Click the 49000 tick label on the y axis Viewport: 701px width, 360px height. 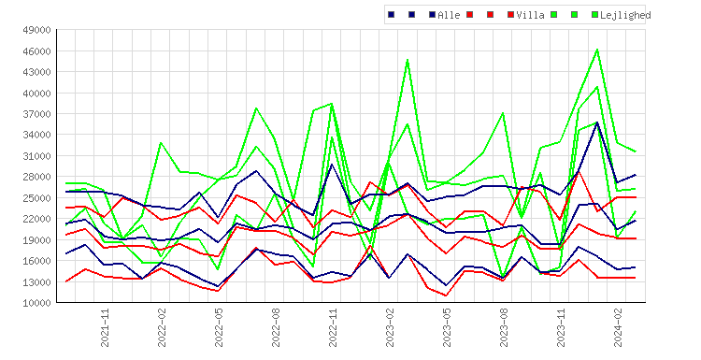(36, 30)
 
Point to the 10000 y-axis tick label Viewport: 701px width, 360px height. (36, 303)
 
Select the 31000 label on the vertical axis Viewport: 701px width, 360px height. (36, 155)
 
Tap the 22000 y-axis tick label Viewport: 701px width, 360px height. (36, 219)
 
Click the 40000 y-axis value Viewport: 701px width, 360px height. (36, 93)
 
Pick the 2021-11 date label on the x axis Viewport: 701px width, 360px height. (105, 327)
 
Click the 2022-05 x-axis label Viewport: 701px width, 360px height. (219, 327)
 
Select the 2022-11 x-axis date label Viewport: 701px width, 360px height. (333, 327)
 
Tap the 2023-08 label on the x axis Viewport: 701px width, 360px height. (504, 327)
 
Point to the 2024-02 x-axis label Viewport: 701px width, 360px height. (618, 327)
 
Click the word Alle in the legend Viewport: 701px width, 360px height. (449, 15)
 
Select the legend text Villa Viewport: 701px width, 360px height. (530, 15)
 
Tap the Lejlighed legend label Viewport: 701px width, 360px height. (625, 15)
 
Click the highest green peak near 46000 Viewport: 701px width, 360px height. (597, 50)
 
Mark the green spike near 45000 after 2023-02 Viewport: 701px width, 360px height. (408, 60)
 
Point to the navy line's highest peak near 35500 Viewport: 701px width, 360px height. (597, 122)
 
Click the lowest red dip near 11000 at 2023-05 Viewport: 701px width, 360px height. (446, 295)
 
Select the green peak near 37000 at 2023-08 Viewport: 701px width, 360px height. (503, 113)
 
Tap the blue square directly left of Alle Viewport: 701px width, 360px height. (432, 15)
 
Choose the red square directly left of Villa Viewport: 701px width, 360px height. (510, 15)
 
